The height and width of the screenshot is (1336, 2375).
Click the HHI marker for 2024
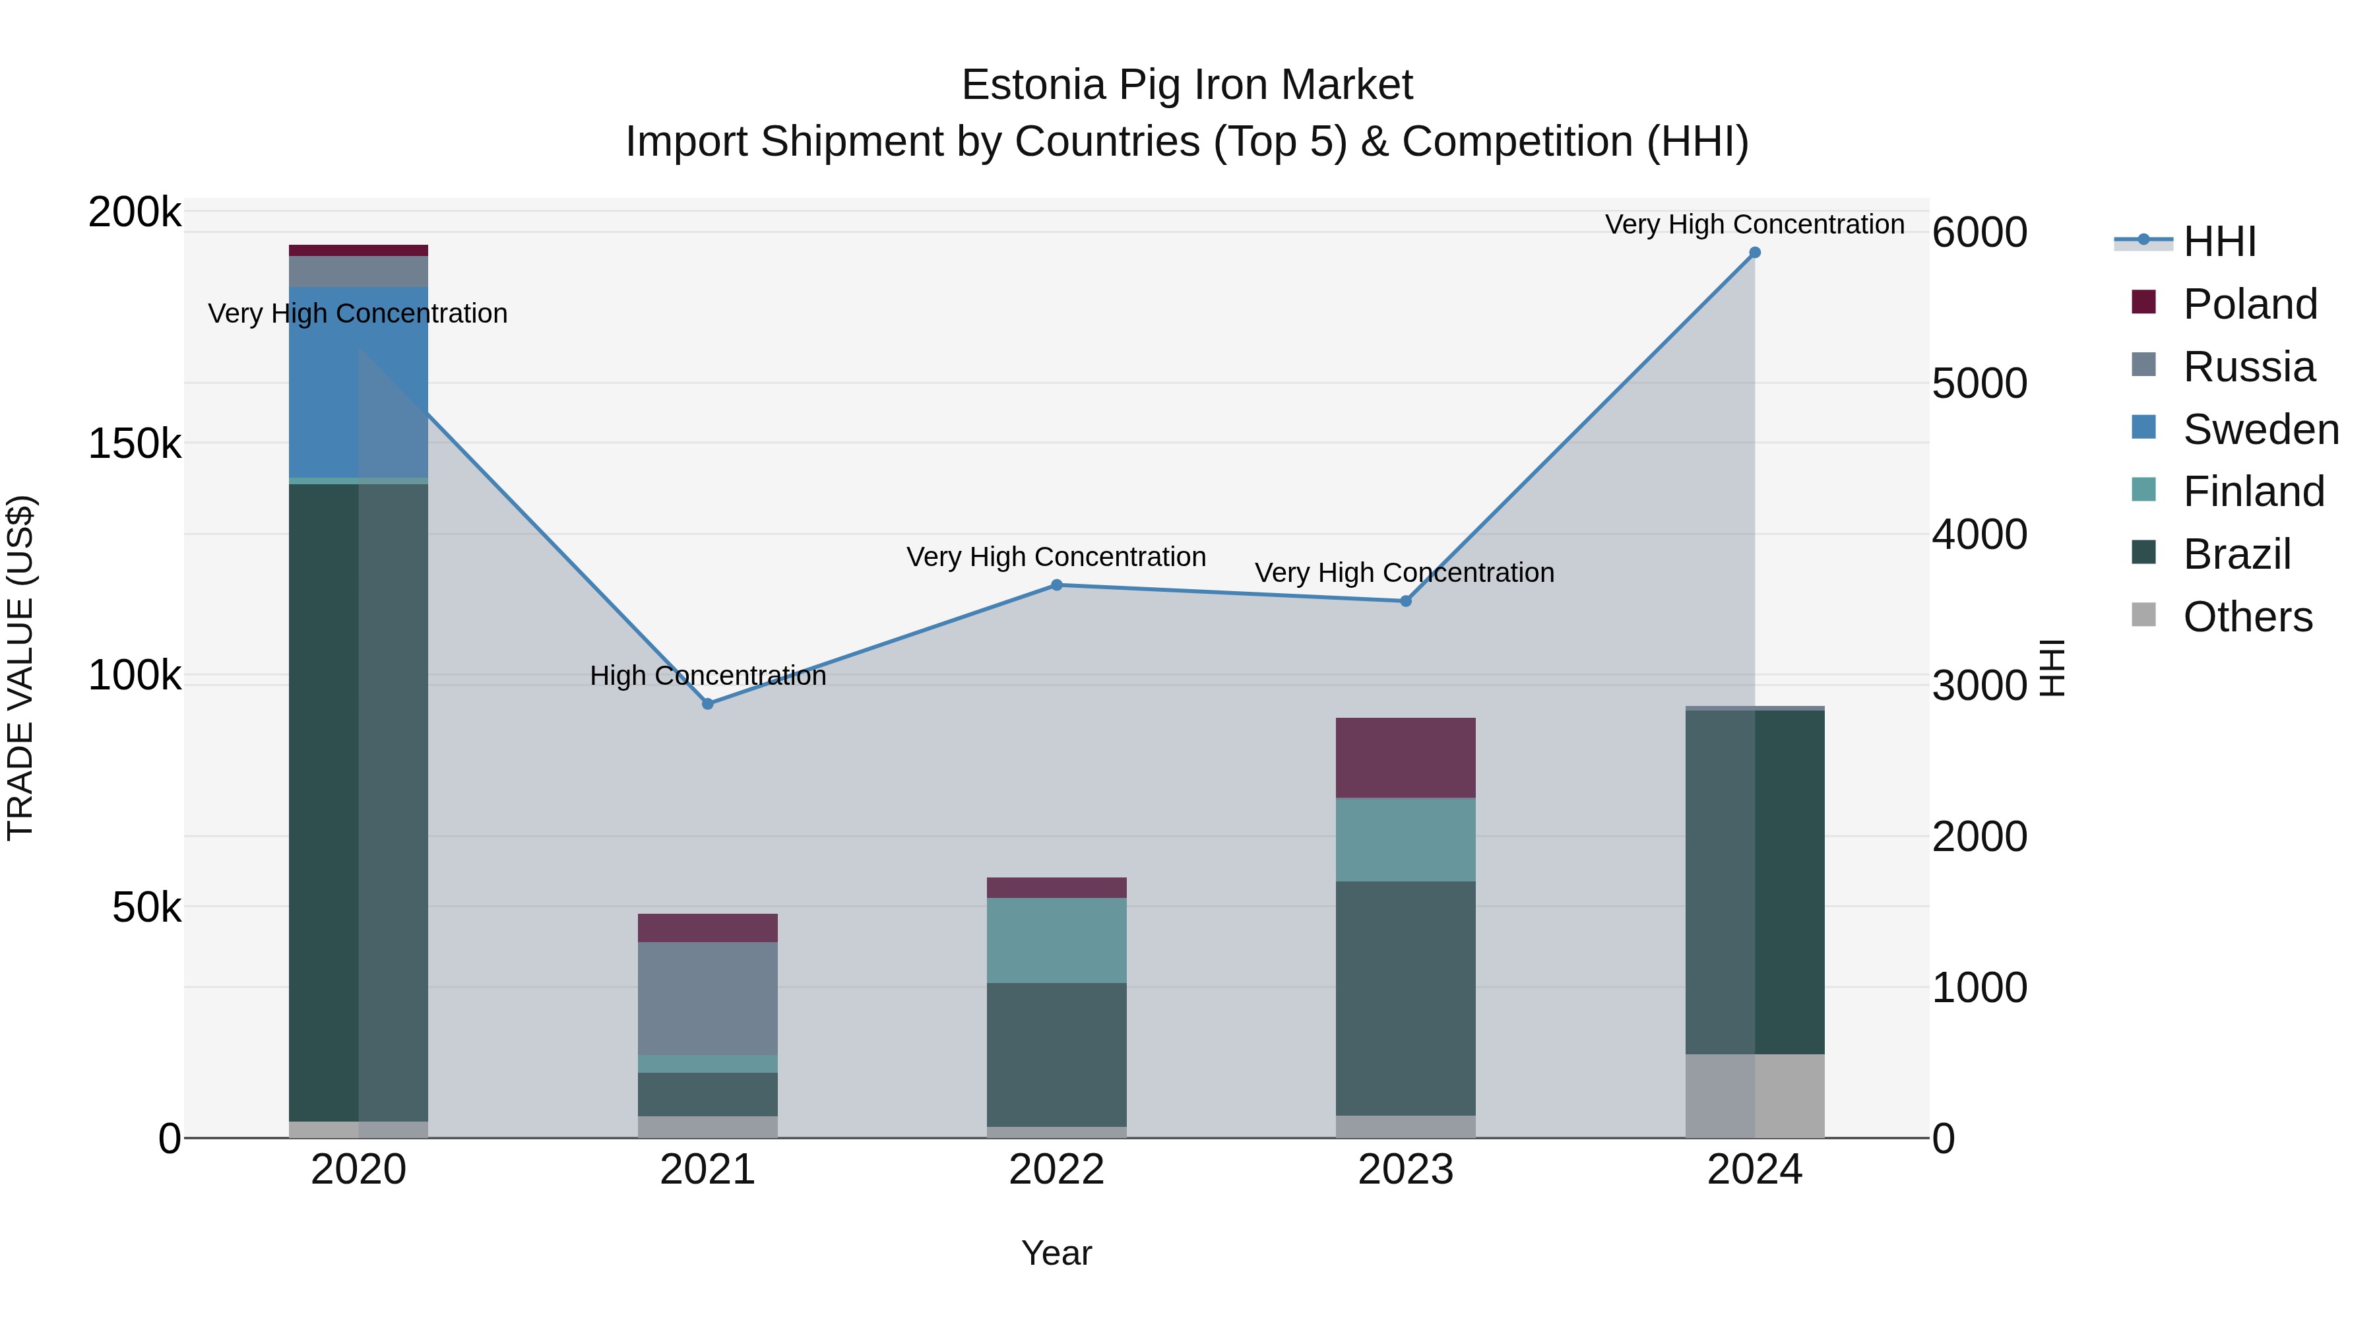click(x=1754, y=253)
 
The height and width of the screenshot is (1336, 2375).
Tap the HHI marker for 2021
click(x=708, y=703)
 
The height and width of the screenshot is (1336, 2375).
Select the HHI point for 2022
click(x=1057, y=585)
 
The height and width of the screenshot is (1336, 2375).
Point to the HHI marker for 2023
click(x=1406, y=601)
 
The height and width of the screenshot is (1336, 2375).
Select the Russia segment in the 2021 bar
click(x=708, y=998)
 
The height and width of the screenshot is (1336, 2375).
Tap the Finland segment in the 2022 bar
click(x=1057, y=939)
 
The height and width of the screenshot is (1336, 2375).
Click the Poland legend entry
click(x=2250, y=304)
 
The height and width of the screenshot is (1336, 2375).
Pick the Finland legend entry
click(x=2254, y=492)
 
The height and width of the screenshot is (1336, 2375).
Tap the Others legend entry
click(x=2247, y=617)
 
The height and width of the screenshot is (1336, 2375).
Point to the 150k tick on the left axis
click(x=135, y=443)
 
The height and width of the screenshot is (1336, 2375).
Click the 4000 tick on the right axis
click(x=1979, y=535)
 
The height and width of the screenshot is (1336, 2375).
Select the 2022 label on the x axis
click(x=1057, y=1170)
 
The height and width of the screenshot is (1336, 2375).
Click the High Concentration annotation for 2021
click(x=708, y=676)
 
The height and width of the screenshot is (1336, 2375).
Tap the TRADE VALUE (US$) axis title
click(x=20, y=668)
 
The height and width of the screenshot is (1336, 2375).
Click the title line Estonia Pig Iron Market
click(x=1187, y=85)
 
